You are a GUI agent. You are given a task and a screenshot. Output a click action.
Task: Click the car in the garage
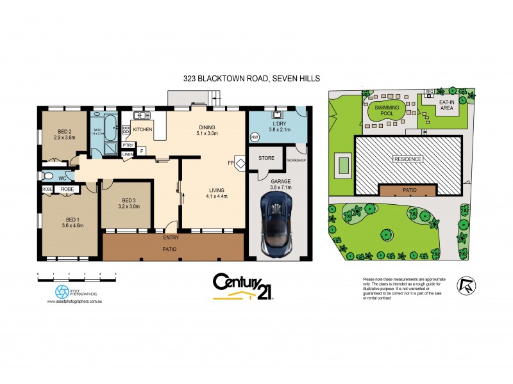pyautogui.click(x=276, y=218)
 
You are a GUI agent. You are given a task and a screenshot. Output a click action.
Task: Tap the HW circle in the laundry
pyautogui.click(x=255, y=137)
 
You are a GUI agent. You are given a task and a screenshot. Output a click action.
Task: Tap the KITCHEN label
pyautogui.click(x=142, y=130)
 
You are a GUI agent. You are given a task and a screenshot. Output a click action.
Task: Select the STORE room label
pyautogui.click(x=266, y=157)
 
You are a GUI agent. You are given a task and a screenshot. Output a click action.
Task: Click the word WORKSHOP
pyautogui.click(x=297, y=159)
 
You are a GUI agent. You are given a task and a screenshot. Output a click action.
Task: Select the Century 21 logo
pyautogui.click(x=243, y=287)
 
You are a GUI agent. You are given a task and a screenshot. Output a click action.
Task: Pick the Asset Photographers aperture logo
pyautogui.click(x=62, y=292)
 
